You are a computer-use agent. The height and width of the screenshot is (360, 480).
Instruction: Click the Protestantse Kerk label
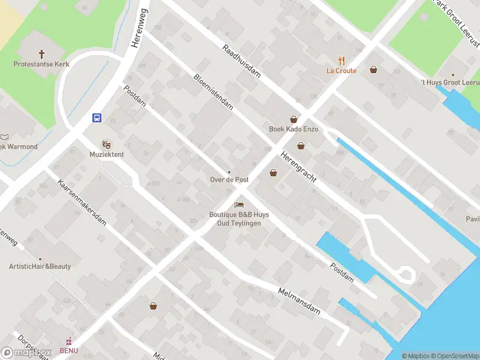click(x=41, y=64)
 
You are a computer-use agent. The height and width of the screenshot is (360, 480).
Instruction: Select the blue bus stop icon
click(x=96, y=118)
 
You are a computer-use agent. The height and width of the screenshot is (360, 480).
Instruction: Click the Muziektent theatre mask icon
click(x=107, y=144)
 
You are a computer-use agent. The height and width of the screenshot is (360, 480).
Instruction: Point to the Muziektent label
click(x=107, y=154)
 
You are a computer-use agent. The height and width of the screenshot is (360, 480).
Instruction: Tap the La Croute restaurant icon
click(x=341, y=60)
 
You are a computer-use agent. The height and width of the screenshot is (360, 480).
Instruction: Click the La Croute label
click(x=341, y=71)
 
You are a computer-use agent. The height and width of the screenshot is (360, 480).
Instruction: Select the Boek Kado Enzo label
click(x=293, y=130)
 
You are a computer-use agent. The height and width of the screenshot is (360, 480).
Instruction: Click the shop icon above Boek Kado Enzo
click(x=294, y=119)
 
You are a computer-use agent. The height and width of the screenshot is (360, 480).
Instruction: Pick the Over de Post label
click(x=229, y=180)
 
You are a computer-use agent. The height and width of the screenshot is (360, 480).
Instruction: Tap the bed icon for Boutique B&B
click(x=239, y=205)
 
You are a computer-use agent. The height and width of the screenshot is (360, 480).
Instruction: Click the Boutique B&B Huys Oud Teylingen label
click(x=239, y=219)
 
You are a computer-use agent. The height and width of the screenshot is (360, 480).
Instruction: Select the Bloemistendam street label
click(x=213, y=91)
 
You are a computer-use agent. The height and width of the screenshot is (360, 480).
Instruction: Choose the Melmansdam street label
click(x=299, y=301)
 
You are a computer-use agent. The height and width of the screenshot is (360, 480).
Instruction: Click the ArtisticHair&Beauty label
click(x=40, y=266)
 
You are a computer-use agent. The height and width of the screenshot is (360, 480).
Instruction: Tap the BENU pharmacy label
click(x=68, y=350)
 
